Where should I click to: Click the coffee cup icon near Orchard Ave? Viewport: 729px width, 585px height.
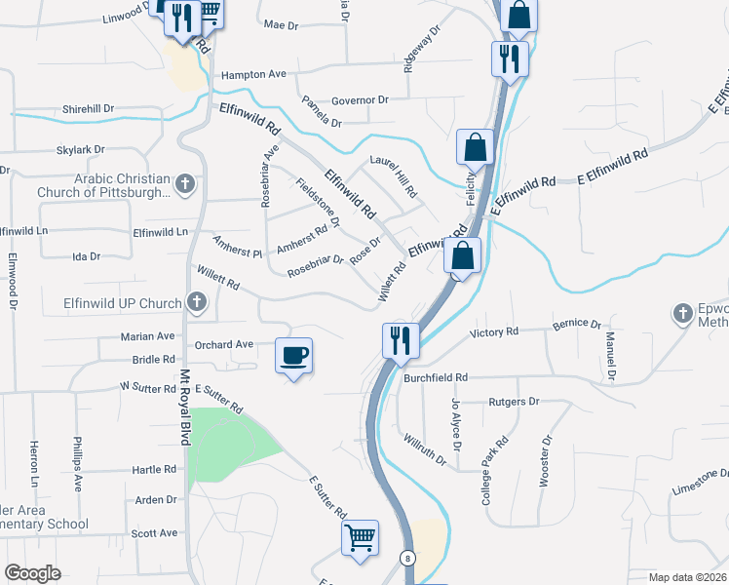tap(294, 355)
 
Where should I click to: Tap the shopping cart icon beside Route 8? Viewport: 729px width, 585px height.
tap(360, 537)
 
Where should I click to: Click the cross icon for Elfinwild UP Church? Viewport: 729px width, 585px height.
tap(196, 303)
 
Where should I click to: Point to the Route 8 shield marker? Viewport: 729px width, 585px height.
tap(405, 558)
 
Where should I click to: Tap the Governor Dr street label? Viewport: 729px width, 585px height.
tap(360, 99)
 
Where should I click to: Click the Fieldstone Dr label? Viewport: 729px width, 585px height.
tap(318, 201)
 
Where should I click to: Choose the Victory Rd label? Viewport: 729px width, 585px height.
tap(494, 332)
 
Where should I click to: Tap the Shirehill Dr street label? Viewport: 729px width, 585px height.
tap(88, 109)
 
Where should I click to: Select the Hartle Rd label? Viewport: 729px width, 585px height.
tap(155, 469)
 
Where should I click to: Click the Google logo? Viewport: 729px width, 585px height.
tap(32, 573)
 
